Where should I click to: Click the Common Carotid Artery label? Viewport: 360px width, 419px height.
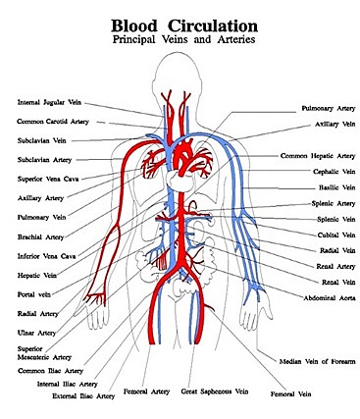[53, 122]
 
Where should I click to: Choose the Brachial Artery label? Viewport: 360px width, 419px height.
[42, 236]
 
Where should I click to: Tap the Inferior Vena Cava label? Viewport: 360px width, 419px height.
[47, 256]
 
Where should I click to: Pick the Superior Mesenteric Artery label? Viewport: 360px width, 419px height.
[44, 353]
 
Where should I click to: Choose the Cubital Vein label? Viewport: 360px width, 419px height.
[334, 236]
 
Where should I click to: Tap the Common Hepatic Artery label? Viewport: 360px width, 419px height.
[318, 155]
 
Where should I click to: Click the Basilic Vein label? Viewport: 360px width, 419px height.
[335, 187]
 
